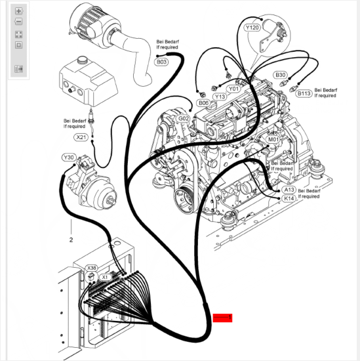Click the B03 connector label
coord(161,62)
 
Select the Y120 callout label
coord(252,28)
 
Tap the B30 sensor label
coord(280,75)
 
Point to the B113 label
coord(304,93)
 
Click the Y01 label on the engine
coord(233,89)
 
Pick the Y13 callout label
coord(220,96)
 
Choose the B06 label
coord(203,103)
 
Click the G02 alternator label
coord(184,119)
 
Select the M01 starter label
coord(273,139)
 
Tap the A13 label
coord(289,190)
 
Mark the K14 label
coord(289,198)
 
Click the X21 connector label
coord(81,137)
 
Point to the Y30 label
coord(69,158)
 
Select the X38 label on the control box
coord(92,268)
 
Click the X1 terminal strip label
coord(105,277)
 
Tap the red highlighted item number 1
coord(222,318)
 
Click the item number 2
coord(71,240)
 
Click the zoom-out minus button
coord(18,22)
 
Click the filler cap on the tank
coord(82,60)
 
